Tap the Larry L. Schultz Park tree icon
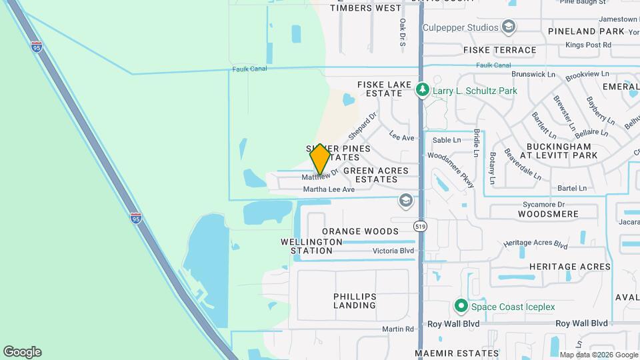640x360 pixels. click(x=422, y=89)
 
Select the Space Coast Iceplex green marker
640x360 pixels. click(x=460, y=307)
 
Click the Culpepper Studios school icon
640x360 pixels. click(x=509, y=27)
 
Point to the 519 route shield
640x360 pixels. click(x=420, y=227)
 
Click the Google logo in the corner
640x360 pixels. click(x=22, y=352)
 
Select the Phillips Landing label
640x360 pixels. click(x=355, y=301)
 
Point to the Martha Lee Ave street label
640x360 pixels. click(x=329, y=189)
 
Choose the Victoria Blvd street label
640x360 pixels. click(x=393, y=251)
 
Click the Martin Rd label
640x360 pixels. click(x=398, y=329)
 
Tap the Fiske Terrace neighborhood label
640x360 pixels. click(x=500, y=50)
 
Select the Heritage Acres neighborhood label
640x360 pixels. click(x=569, y=267)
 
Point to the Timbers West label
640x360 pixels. click(x=366, y=8)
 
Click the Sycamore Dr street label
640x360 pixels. click(x=543, y=205)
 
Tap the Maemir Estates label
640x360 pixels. click(x=457, y=353)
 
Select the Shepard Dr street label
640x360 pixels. click(x=362, y=121)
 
